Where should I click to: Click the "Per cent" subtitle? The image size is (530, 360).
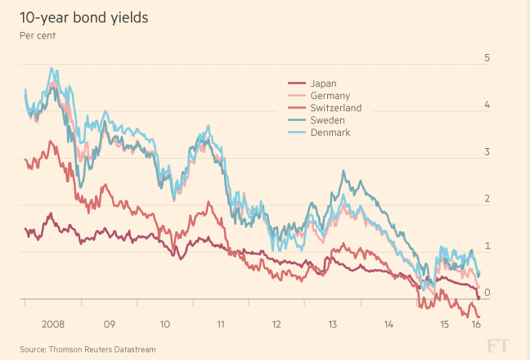coord(37,35)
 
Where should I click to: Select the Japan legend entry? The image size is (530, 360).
coord(322,83)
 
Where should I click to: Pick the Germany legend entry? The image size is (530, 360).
coord(329,96)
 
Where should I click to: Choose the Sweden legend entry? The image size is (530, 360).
coord(327,120)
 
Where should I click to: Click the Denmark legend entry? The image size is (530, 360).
coord(330,133)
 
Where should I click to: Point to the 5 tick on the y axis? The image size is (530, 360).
coord(487,58)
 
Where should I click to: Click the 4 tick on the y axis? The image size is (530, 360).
coord(487,105)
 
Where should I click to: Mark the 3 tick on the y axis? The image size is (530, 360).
coord(487,152)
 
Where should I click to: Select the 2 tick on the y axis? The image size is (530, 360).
coord(487,199)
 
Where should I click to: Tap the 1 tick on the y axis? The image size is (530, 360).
coord(487,245)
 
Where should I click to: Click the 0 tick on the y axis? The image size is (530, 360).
coord(487,292)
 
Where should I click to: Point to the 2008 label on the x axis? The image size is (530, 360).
coord(52,324)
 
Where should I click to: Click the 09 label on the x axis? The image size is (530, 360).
coord(109,324)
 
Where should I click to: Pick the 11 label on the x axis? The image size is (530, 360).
coord(221,324)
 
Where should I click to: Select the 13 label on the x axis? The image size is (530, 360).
coord(333,324)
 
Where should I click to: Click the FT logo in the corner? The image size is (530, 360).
coord(498,344)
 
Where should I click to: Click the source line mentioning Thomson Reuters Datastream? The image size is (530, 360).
coord(88,349)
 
